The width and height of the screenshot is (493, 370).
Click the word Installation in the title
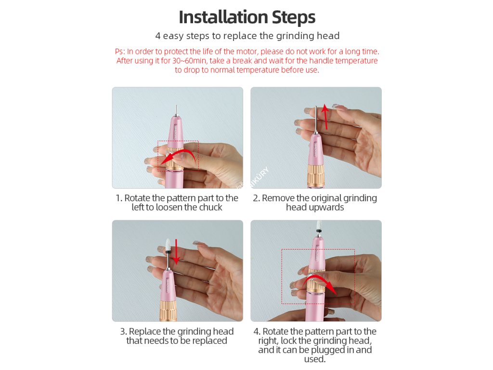pos(223,17)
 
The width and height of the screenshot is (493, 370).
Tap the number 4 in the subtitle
pos(158,36)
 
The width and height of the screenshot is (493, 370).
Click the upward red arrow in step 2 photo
pos(326,117)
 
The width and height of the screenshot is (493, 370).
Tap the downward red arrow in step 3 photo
pos(176,251)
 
